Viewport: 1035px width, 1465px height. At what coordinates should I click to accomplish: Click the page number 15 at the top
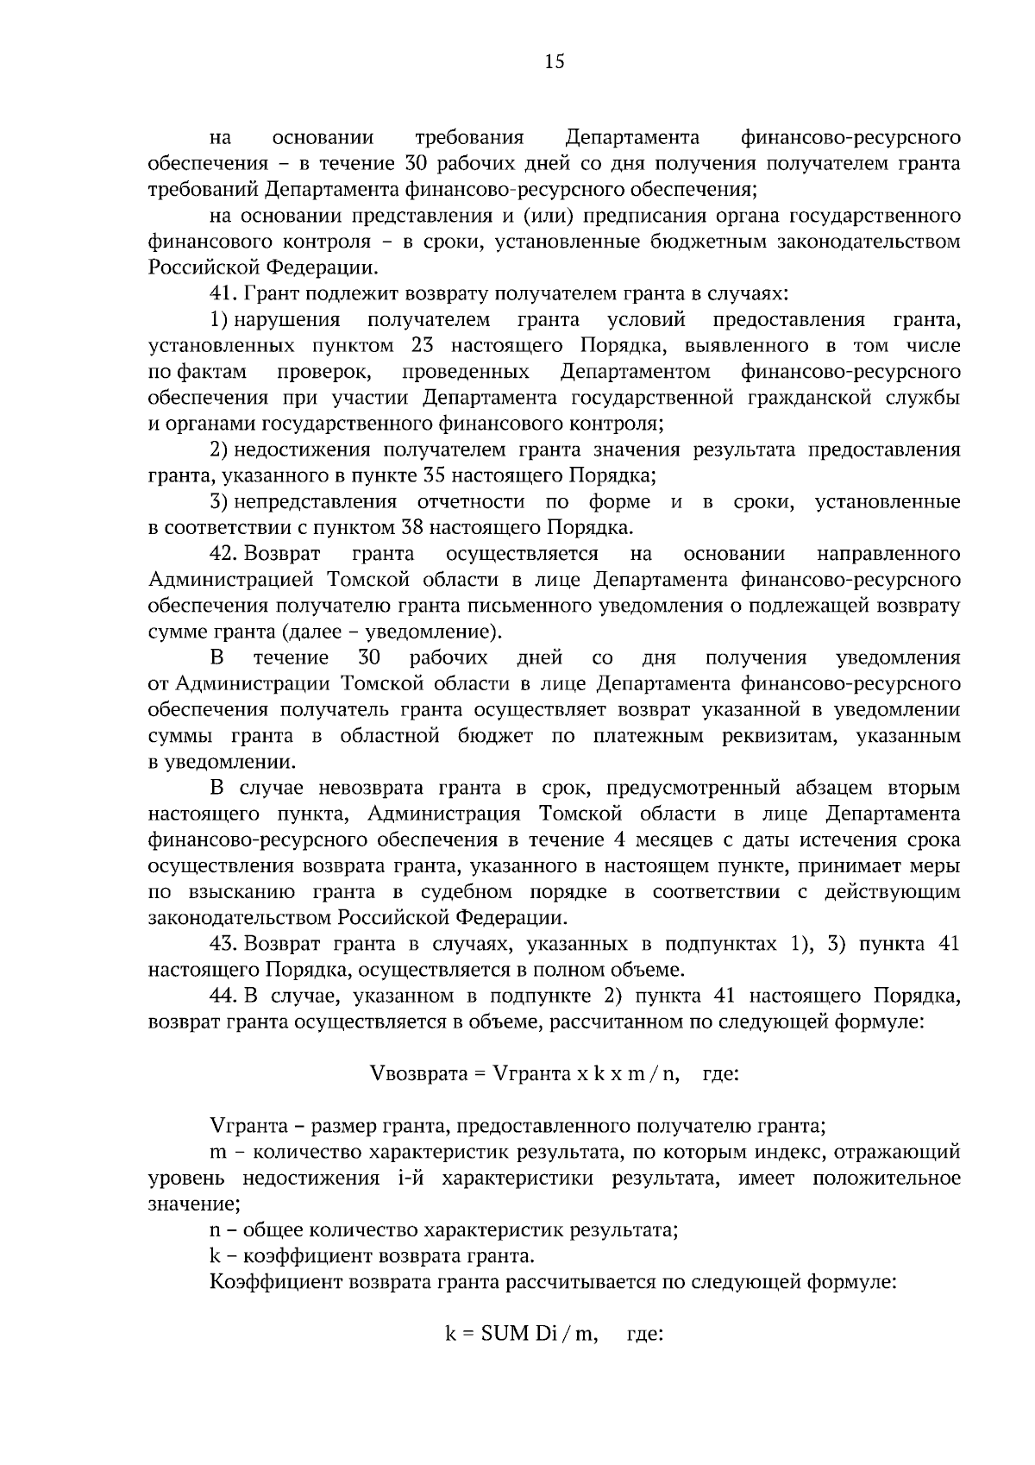(x=555, y=60)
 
